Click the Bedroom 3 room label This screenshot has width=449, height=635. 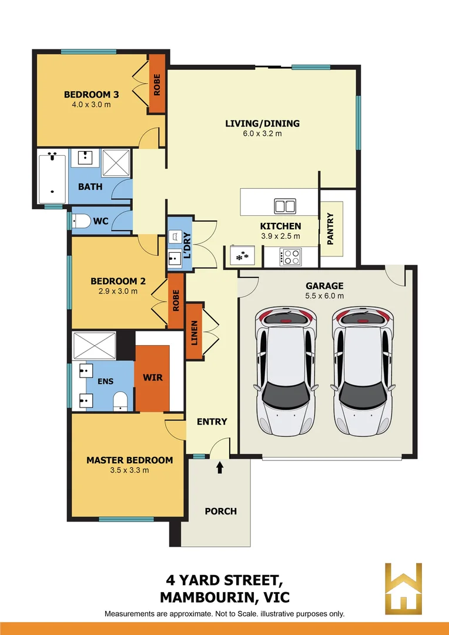tap(87, 94)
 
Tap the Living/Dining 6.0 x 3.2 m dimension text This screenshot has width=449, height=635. tap(262, 133)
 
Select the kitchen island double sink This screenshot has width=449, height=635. tap(285, 206)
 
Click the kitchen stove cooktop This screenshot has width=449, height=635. tap(291, 256)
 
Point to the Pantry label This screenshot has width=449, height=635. tap(330, 228)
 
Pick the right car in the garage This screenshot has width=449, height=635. tap(363, 372)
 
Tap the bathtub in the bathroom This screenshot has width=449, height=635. tap(53, 175)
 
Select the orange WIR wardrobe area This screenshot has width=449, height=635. tap(153, 377)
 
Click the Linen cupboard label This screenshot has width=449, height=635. tap(194, 333)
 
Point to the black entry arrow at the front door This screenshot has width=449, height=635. tap(220, 468)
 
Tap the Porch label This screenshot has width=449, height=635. tap(220, 511)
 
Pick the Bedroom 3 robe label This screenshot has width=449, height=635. tap(157, 85)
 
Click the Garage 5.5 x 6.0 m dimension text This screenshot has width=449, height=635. tap(324, 296)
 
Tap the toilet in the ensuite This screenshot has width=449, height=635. tap(120, 400)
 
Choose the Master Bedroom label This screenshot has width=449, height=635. tap(129, 460)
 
